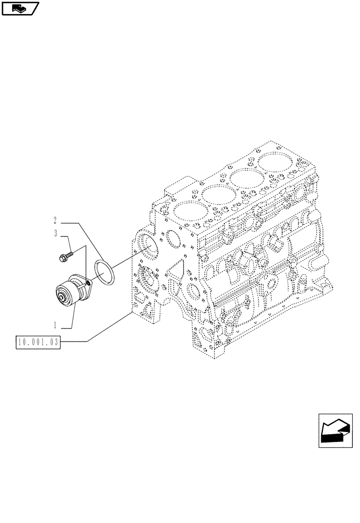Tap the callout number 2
pos(54,220)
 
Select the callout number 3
pos(55,234)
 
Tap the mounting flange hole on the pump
pos(88,283)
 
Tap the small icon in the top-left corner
pos(20,8)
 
